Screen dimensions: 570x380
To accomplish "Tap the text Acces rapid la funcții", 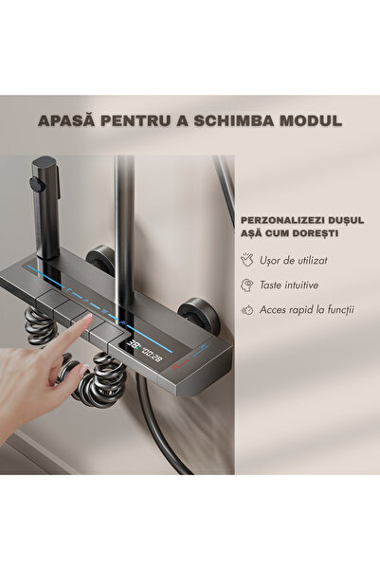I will [305, 309].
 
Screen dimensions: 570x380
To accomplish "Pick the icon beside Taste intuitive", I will [247, 284].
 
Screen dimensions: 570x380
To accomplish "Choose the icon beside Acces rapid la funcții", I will [247, 309].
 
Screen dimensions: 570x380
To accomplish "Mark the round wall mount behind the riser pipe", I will [101, 258].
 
